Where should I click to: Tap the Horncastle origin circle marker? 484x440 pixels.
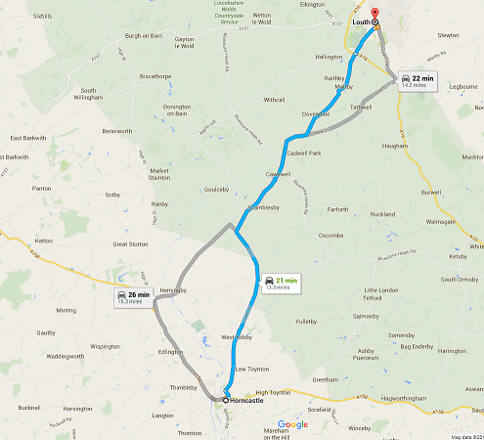[225, 399]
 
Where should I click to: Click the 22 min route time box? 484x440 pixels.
[414, 80]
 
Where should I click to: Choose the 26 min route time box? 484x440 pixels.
[134, 297]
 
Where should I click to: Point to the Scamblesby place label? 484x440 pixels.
[270, 208]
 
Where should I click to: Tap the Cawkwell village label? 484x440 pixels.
[279, 174]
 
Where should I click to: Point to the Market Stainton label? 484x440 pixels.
[159, 175]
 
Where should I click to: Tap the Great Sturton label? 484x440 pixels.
[130, 243]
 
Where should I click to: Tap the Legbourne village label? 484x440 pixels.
[462, 87]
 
